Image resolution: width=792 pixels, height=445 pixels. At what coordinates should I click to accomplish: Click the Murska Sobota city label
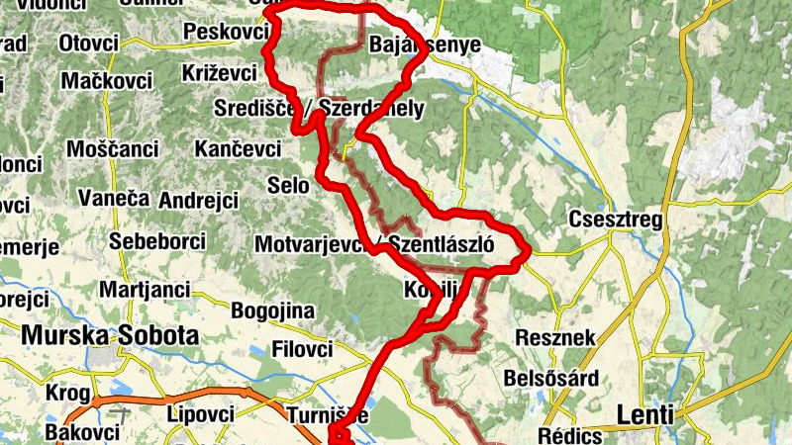click(x=110, y=335)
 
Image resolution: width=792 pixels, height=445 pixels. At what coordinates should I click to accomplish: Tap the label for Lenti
click(x=644, y=414)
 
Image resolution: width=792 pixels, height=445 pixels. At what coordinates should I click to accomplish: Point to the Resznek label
click(x=555, y=338)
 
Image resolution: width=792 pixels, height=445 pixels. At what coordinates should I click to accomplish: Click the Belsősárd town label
click(x=551, y=378)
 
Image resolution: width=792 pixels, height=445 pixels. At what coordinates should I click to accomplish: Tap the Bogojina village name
click(x=272, y=311)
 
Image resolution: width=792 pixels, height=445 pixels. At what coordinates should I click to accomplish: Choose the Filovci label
click(x=301, y=350)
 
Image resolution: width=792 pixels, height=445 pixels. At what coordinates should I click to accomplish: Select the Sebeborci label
click(x=156, y=241)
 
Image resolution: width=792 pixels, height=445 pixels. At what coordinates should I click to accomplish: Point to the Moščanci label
click(x=112, y=149)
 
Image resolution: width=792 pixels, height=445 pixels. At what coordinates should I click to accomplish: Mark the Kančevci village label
click(x=237, y=149)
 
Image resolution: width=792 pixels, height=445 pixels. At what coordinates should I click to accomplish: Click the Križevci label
click(x=220, y=73)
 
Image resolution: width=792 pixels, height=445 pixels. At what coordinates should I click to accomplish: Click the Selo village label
click(x=289, y=184)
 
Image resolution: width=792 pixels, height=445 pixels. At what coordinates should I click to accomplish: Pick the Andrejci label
click(x=198, y=201)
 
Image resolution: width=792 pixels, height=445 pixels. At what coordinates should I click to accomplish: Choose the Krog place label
click(x=67, y=394)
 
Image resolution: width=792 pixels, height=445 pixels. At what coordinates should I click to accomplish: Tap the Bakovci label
click(x=83, y=432)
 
